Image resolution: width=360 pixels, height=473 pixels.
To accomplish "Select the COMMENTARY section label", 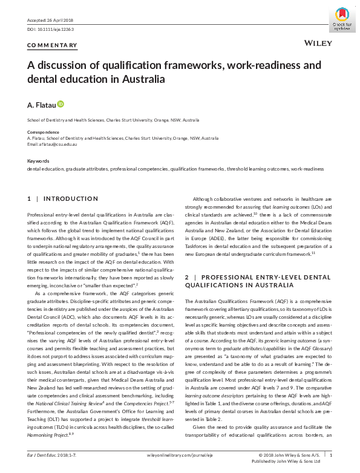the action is tap(53, 45).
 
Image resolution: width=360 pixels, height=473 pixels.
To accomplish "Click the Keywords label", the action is tap(39, 161).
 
